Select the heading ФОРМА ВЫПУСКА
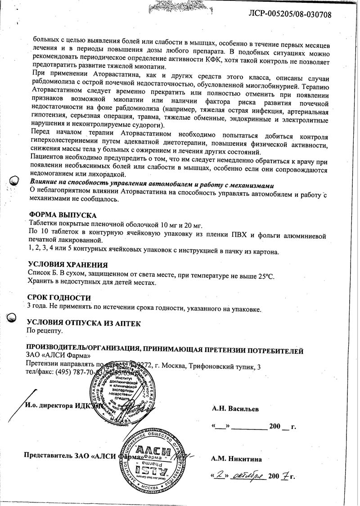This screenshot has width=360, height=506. (x=62, y=215)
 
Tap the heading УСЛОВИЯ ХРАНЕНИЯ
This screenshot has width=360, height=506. (x=68, y=265)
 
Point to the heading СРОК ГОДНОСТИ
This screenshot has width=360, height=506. (x=59, y=298)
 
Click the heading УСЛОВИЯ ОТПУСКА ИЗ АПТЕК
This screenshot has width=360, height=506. (x=84, y=323)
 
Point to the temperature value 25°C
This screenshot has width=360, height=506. (x=265, y=275)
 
